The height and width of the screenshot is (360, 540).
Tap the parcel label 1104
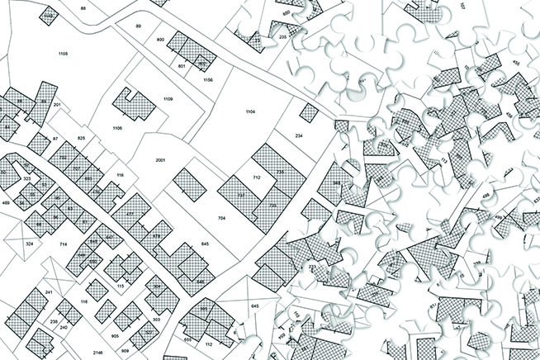(251, 111)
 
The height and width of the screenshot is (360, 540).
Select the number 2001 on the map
(160, 160)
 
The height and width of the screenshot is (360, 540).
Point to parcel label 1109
(168, 99)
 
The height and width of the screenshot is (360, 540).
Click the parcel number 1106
(117, 129)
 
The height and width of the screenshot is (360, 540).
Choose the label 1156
(208, 79)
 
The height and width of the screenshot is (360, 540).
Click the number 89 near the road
(139, 27)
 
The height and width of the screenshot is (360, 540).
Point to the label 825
(81, 138)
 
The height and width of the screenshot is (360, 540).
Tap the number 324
(30, 244)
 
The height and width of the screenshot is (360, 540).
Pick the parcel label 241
(49, 293)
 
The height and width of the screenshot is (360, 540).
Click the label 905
(116, 338)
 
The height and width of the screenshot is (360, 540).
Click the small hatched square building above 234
(308, 112)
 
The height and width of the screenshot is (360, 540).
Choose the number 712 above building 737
(257, 178)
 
